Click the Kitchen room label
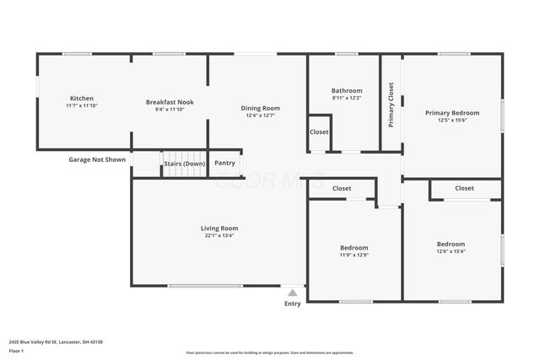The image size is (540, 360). [82, 99]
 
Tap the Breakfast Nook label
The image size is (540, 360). [170, 102]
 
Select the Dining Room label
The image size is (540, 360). [260, 108]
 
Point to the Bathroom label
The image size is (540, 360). [347, 90]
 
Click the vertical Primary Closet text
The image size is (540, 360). [391, 105]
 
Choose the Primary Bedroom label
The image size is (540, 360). [452, 113]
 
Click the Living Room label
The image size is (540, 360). [219, 228]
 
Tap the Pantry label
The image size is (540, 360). [225, 163]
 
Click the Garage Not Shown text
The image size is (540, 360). [97, 159]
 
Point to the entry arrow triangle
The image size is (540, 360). [292, 293]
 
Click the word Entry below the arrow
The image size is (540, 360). [292, 304]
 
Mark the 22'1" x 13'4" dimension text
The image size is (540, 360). [219, 236]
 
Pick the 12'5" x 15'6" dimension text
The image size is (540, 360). [452, 121]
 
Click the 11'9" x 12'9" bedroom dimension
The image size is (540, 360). [354, 255]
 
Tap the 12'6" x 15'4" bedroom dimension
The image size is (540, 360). [451, 251]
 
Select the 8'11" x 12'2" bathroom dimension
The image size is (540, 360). [347, 98]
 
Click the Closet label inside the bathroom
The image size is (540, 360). [319, 132]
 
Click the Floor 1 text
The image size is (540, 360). [17, 349]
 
